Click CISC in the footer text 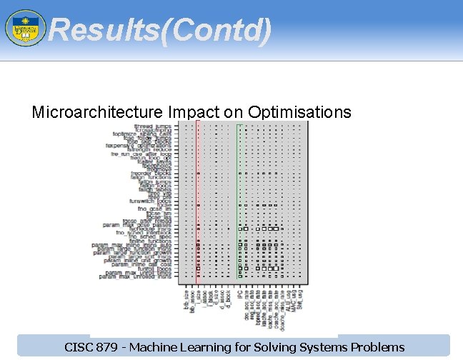pyautogui.click(x=79, y=348)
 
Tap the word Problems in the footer pyautogui.click(x=378, y=348)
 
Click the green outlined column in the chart pyautogui.click(x=240, y=200)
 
